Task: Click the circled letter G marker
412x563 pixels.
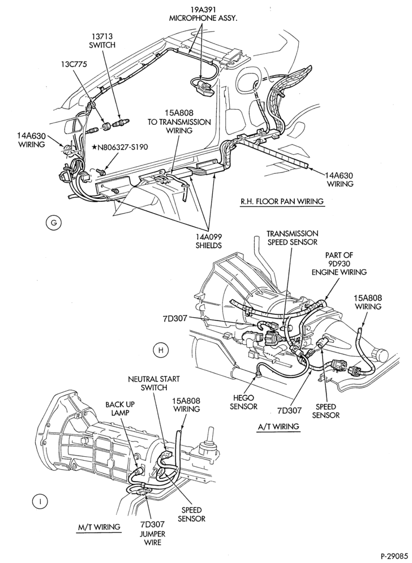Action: click(x=54, y=223)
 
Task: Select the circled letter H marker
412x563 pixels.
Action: click(x=160, y=349)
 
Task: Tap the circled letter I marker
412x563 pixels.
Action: click(x=40, y=501)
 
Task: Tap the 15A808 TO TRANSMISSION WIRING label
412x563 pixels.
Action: click(x=179, y=123)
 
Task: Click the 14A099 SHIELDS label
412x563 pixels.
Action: click(x=209, y=241)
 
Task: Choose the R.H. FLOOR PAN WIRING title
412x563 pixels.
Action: click(x=282, y=201)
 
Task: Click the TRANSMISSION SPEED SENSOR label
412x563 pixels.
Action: click(x=292, y=238)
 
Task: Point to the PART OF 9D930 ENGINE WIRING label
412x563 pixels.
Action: click(x=339, y=263)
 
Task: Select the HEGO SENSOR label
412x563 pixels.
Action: click(x=244, y=402)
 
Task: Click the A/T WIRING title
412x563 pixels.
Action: click(x=278, y=427)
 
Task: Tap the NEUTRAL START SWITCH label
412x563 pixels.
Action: click(x=154, y=383)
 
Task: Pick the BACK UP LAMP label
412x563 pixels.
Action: click(x=117, y=409)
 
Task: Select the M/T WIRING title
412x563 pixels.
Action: click(x=98, y=527)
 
